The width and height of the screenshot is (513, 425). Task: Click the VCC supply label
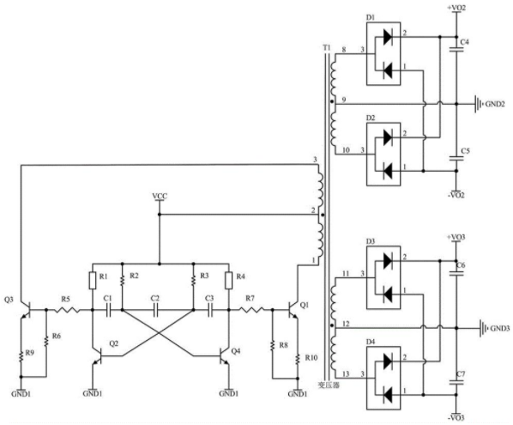pos(160,196)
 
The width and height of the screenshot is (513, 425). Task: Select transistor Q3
pos(27,309)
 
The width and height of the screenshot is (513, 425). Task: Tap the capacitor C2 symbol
pos(155,309)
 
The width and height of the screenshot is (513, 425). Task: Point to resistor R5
pos(66,309)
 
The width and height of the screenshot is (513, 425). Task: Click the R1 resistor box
pos(93,281)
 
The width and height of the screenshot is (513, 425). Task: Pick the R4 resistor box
pos(229,281)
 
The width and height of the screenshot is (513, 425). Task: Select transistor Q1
pos(293,309)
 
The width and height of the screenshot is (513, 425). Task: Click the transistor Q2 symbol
pos(98,356)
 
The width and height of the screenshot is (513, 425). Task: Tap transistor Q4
pos(224,356)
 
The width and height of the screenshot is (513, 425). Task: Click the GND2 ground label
pos(495,104)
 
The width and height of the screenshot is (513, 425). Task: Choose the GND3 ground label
pos(499,328)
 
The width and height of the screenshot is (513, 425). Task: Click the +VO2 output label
pos(456,7)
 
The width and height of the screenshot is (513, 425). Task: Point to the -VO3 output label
pos(456,418)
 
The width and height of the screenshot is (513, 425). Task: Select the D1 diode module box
pos(383,54)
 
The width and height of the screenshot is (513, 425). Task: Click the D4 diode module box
pos(383,378)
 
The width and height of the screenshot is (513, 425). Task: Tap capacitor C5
pos(456,159)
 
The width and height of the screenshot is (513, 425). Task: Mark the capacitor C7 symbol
pos(456,382)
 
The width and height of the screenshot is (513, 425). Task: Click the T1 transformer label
pos(327,48)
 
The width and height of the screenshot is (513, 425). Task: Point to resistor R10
pos(298,360)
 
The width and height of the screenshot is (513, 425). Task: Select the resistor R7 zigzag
pos(251,309)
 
